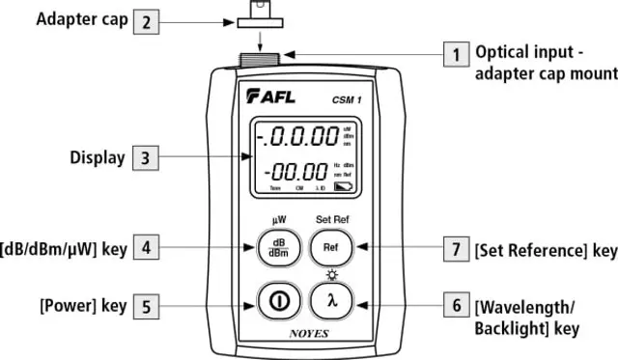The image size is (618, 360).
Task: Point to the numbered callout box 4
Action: [x=144, y=247]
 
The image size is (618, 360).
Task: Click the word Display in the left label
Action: [x=98, y=156]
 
